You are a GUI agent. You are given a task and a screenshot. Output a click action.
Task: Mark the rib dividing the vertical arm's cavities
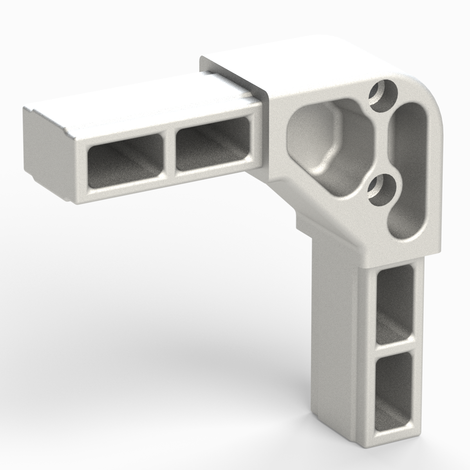[x=394, y=347]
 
